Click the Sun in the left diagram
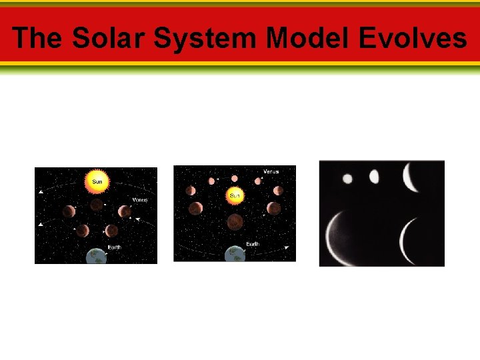[97, 181]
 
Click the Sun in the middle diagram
[235, 195]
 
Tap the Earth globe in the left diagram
[97, 255]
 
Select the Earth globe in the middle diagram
[234, 254]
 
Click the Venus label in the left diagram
[139, 200]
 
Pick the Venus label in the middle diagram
[271, 172]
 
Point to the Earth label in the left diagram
[114, 247]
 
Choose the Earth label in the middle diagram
[253, 245]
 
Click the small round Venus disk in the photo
[347, 178]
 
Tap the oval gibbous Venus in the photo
[374, 177]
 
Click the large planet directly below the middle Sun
[235, 221]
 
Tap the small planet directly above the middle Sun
[235, 179]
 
